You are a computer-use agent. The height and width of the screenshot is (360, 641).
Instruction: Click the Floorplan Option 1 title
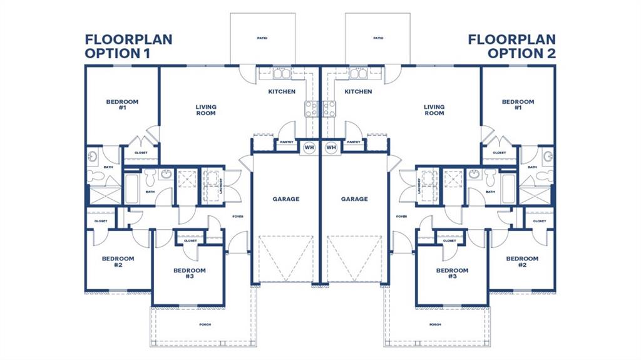tap(128, 46)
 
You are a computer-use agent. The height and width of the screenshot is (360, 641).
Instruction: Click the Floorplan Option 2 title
tap(512, 46)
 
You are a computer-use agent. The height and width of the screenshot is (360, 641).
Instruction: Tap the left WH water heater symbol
tap(309, 148)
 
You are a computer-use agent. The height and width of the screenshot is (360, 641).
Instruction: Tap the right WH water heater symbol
tap(331, 148)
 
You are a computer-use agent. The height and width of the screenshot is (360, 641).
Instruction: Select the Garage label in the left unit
tap(285, 199)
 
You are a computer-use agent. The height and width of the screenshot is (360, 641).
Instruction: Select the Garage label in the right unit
tap(354, 199)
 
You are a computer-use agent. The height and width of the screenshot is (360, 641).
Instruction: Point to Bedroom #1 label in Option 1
tap(122, 105)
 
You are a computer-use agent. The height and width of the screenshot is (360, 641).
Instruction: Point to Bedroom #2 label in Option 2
tap(522, 262)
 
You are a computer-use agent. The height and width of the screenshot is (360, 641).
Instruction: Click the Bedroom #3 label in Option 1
tap(189, 273)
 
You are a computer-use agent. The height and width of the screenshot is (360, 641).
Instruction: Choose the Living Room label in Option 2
tap(434, 110)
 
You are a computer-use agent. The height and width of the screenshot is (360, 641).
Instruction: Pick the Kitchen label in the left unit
tap(282, 91)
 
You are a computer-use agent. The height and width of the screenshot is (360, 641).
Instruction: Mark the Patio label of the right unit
tap(378, 38)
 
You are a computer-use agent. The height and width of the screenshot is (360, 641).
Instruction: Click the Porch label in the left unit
tap(205, 324)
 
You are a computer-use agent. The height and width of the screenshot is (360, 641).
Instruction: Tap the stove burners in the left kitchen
tap(311, 109)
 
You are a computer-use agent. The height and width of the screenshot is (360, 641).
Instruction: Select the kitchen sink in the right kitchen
tap(359, 74)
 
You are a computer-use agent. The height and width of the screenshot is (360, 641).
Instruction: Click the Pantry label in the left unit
tap(287, 142)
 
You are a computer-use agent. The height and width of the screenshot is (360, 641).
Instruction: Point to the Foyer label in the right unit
tap(401, 217)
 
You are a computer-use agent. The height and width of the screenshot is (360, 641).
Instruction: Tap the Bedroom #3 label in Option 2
tap(452, 273)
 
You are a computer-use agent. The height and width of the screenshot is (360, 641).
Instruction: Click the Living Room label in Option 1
tap(206, 110)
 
